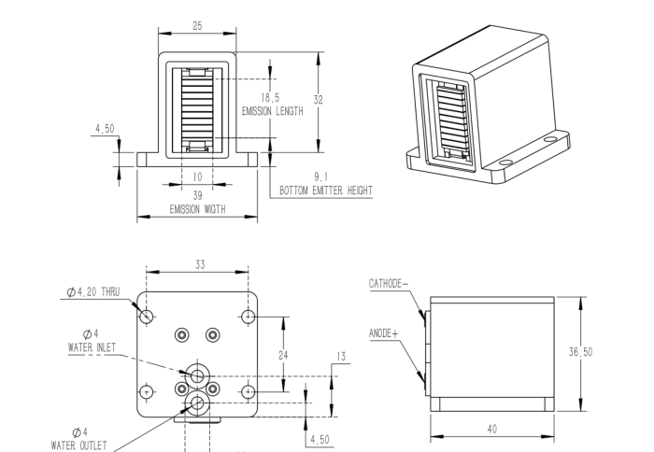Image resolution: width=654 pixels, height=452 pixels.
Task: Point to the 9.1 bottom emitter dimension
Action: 320,177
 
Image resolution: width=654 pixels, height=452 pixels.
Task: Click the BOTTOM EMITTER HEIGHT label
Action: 326,191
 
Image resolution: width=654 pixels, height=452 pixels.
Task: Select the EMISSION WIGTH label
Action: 197,208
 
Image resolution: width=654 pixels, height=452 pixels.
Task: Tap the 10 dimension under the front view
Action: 197,177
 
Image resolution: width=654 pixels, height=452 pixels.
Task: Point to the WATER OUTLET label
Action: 86,443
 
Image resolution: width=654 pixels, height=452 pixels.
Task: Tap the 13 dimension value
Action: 340,356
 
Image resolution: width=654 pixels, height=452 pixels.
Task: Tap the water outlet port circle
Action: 197,403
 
